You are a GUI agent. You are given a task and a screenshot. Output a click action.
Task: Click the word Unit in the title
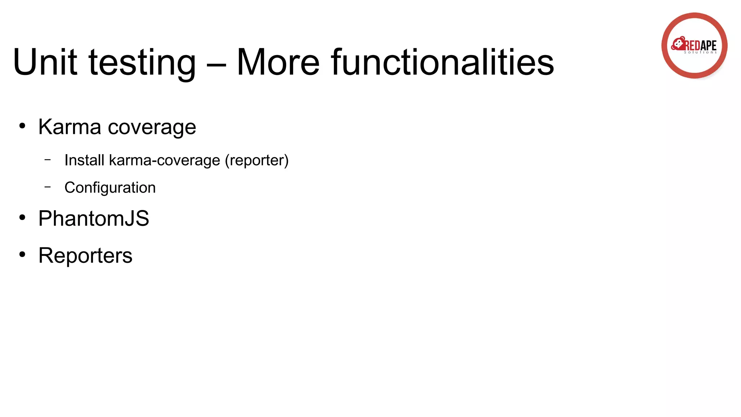(45, 63)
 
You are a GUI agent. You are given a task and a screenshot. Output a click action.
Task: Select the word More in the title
(278, 63)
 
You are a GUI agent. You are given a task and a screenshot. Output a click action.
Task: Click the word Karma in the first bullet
(69, 127)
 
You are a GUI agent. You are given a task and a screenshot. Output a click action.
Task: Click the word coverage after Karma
(152, 128)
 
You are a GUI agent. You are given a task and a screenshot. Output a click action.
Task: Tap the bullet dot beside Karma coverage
(22, 126)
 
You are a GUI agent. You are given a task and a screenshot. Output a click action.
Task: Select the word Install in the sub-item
(84, 160)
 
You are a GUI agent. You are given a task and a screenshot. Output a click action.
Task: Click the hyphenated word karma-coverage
(164, 160)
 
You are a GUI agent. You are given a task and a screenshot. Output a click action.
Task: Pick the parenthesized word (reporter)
(257, 160)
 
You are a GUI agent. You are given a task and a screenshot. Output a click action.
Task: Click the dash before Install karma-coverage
(48, 159)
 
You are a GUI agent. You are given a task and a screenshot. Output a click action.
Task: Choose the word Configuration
(110, 188)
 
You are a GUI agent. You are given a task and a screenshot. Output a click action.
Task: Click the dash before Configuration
(48, 187)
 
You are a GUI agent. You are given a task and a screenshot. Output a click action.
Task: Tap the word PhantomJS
(94, 218)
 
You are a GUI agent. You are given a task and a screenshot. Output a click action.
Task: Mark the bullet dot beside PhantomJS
(22, 218)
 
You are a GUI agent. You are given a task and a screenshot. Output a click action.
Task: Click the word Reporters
(85, 256)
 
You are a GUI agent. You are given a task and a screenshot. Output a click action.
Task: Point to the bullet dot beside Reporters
(22, 254)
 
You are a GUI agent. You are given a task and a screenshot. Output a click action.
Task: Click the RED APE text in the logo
(700, 46)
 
